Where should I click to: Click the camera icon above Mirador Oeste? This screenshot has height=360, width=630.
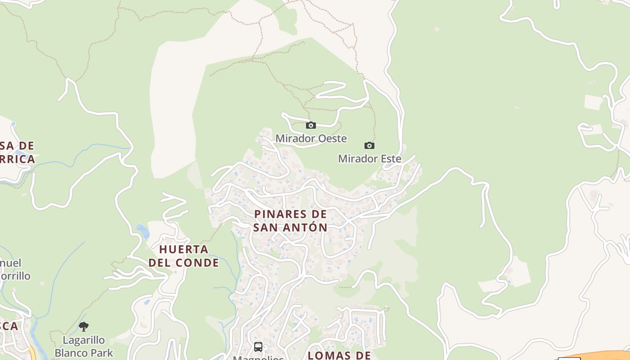[x=310, y=126]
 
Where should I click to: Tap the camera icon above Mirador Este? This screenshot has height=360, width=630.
[x=369, y=145]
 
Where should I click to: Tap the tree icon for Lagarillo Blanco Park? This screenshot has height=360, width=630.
[x=84, y=327]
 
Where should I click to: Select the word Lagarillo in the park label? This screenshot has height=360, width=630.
[x=84, y=340]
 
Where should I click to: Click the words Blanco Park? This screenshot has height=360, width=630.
[x=84, y=352]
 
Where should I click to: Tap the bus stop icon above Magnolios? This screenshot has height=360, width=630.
[x=258, y=347]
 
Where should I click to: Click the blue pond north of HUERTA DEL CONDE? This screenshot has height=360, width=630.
[x=143, y=231]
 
